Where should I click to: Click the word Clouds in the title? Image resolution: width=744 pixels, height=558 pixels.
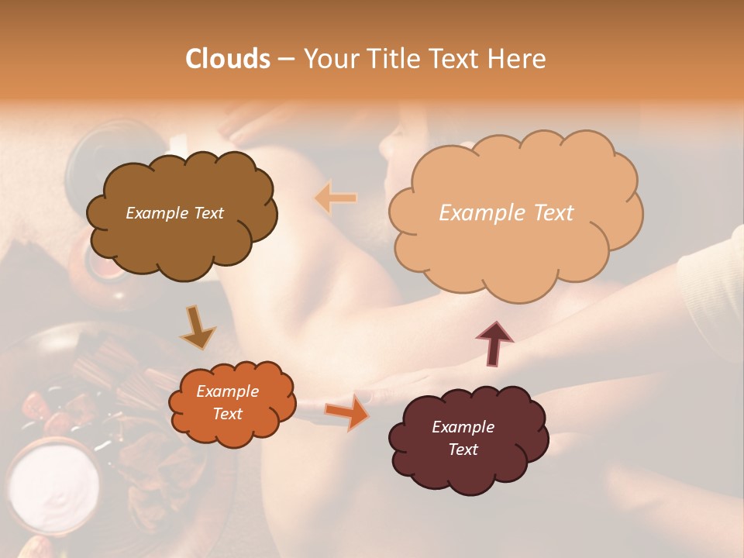(x=228, y=59)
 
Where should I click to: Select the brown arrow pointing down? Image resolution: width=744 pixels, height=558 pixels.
(x=198, y=327)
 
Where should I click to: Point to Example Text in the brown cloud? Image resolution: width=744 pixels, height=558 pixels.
(x=174, y=213)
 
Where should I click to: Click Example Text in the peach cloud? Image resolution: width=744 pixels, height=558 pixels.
(x=506, y=213)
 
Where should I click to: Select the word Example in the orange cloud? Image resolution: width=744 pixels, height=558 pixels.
(x=227, y=391)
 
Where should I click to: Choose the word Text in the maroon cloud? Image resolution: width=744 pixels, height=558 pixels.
(x=463, y=449)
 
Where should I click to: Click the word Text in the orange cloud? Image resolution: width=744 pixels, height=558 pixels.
(x=227, y=414)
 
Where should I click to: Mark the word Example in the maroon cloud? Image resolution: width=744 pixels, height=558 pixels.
(x=463, y=427)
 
